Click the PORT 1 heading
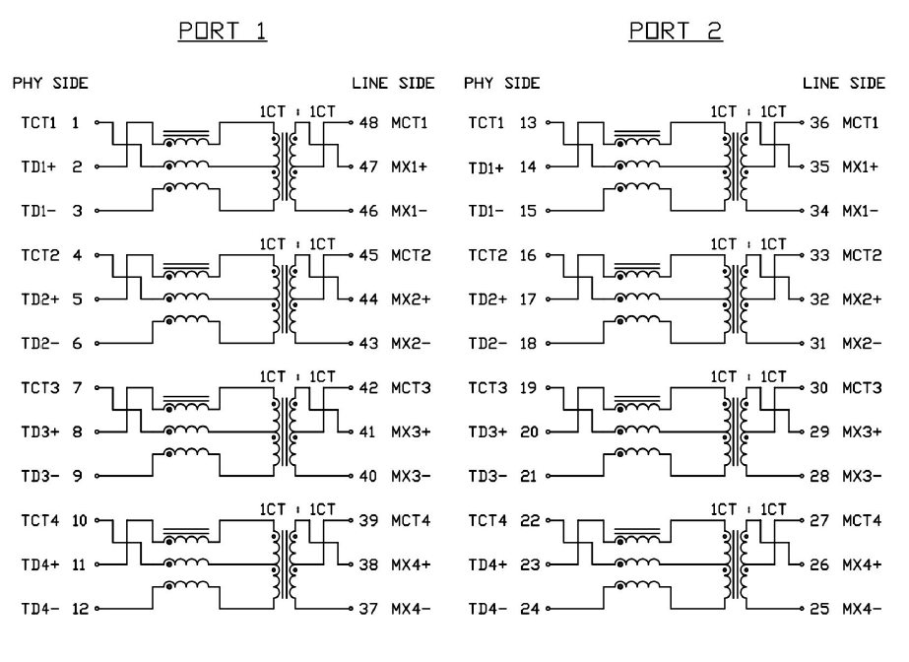click(x=222, y=32)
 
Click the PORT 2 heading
click(x=675, y=32)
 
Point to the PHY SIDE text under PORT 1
click(x=50, y=85)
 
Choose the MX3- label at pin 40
click(x=410, y=476)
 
